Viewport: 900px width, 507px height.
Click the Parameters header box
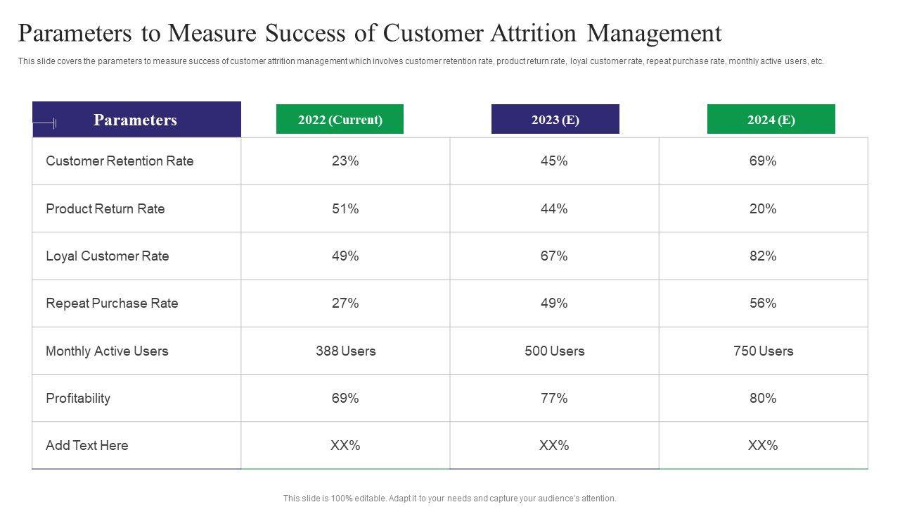coord(136,120)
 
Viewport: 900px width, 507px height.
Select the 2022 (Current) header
coord(340,120)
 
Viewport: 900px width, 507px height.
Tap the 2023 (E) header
coord(555,120)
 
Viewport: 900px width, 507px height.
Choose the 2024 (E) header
coord(771,120)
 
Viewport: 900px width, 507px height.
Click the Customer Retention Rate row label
coord(120,161)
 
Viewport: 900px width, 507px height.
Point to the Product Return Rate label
coord(105,209)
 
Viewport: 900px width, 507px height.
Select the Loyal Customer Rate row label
coord(108,256)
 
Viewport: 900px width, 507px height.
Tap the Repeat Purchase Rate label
coord(112,303)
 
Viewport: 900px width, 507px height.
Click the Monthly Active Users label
coord(107,351)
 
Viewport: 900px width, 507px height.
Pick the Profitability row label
coord(78,399)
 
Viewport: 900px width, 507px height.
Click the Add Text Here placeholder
coord(87,446)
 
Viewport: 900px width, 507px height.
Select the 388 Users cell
coord(345,351)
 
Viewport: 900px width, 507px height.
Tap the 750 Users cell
coord(763,351)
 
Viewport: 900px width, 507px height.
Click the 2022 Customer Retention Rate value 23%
coord(345,161)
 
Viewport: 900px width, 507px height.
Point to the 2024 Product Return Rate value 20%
coord(763,209)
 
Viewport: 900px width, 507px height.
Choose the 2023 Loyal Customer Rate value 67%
coord(554,256)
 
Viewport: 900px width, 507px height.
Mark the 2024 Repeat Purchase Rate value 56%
coord(763,303)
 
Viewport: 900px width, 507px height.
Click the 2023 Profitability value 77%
coord(554,399)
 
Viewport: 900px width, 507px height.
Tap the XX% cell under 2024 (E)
coord(763,446)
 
